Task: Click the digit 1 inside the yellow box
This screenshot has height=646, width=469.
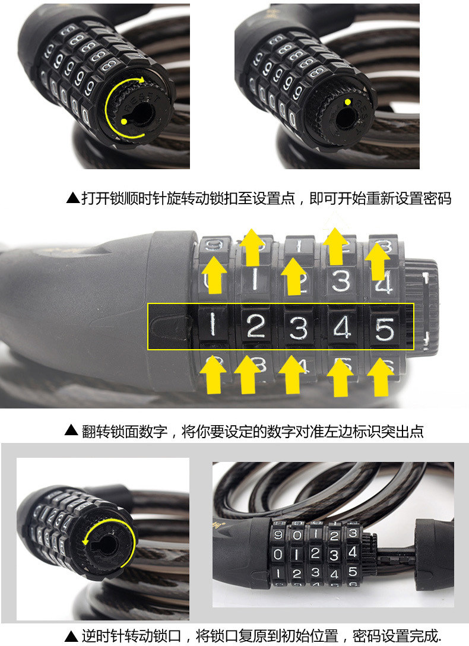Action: (x=213, y=326)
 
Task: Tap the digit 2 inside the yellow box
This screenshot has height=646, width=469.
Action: (x=256, y=326)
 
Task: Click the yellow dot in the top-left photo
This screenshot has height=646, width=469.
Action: (x=123, y=122)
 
